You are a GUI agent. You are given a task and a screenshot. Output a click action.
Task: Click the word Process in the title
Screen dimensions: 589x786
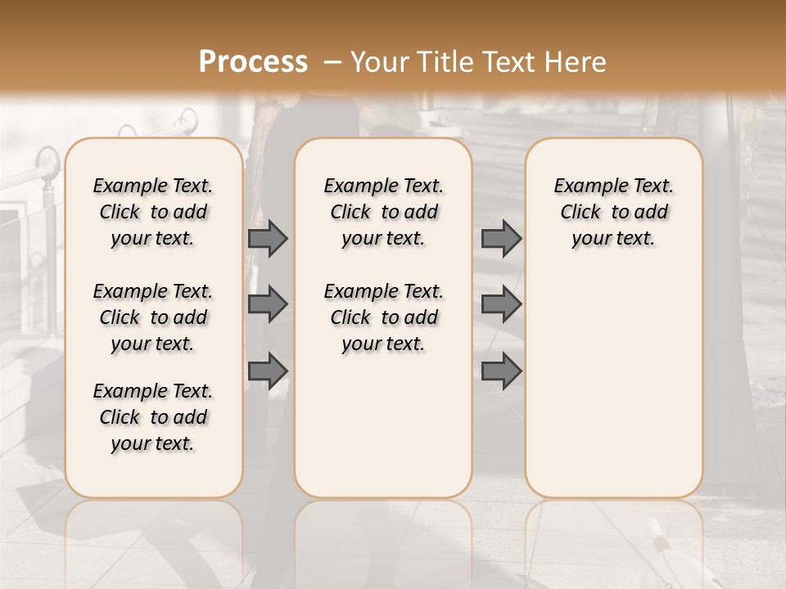coord(253,62)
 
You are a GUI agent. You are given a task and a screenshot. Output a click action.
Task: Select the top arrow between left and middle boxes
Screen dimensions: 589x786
coord(268,238)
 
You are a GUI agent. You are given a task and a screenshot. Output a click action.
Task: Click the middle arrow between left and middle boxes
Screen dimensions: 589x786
coord(268,304)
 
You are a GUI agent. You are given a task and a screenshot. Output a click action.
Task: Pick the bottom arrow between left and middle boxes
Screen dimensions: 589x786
coord(268,371)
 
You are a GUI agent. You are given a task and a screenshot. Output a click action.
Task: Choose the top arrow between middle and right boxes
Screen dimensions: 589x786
coord(501,238)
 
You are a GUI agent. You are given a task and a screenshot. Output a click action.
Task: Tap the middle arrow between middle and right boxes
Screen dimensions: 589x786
coord(501,304)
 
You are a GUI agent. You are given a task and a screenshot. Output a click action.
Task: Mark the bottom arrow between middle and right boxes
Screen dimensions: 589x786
coord(501,371)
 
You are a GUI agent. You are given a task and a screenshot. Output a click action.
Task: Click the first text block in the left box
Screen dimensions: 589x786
coord(153,212)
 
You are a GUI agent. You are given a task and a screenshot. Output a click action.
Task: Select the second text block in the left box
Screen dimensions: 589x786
coord(153,317)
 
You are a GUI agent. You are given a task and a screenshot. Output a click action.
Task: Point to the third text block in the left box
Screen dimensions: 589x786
coord(153,417)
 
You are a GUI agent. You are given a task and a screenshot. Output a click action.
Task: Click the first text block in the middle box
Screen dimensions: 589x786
coord(383,212)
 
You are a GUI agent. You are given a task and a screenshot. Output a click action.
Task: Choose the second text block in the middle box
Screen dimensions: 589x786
coord(383,317)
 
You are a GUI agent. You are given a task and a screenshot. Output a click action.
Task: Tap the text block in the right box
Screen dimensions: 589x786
coord(614,212)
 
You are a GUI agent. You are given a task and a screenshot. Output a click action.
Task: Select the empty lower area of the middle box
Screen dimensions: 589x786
coord(383,425)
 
